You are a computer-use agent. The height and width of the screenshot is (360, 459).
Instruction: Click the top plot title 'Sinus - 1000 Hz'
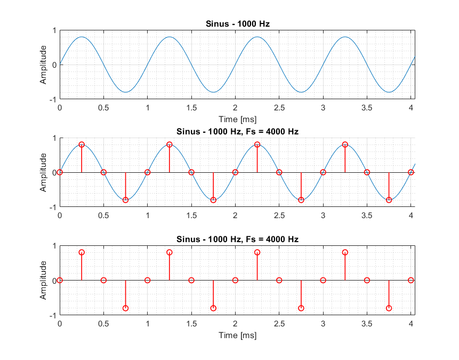(237, 23)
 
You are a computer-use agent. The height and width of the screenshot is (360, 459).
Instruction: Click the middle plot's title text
(237, 131)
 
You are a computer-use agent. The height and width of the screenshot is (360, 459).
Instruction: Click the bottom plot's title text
(237, 239)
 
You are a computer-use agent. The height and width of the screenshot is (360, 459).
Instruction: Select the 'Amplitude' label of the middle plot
(43, 172)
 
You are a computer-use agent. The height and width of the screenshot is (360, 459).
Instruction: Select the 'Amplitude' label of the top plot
(43, 65)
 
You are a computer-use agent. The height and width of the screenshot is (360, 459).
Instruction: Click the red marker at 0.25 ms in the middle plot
(82, 145)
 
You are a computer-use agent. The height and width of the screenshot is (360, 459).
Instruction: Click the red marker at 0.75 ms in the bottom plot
(125, 308)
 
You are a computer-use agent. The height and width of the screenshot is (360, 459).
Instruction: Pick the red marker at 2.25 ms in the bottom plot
(257, 252)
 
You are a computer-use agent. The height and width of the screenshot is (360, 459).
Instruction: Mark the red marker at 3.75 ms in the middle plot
(389, 200)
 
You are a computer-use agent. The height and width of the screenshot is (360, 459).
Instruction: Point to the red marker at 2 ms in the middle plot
(235, 172)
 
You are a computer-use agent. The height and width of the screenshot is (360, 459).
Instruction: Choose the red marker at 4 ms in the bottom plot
(411, 280)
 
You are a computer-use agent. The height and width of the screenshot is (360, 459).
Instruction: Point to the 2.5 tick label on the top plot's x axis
(279, 108)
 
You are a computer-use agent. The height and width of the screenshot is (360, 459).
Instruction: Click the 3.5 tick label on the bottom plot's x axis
(367, 323)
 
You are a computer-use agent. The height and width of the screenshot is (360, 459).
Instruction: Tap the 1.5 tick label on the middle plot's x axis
(191, 215)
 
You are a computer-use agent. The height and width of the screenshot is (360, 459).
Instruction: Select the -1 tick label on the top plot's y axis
(52, 100)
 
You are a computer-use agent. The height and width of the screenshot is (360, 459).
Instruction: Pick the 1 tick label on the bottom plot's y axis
(54, 246)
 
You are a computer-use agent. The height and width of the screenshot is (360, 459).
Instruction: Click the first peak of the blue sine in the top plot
(82, 37)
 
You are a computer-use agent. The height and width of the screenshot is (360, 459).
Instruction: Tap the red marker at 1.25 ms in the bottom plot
(170, 252)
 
